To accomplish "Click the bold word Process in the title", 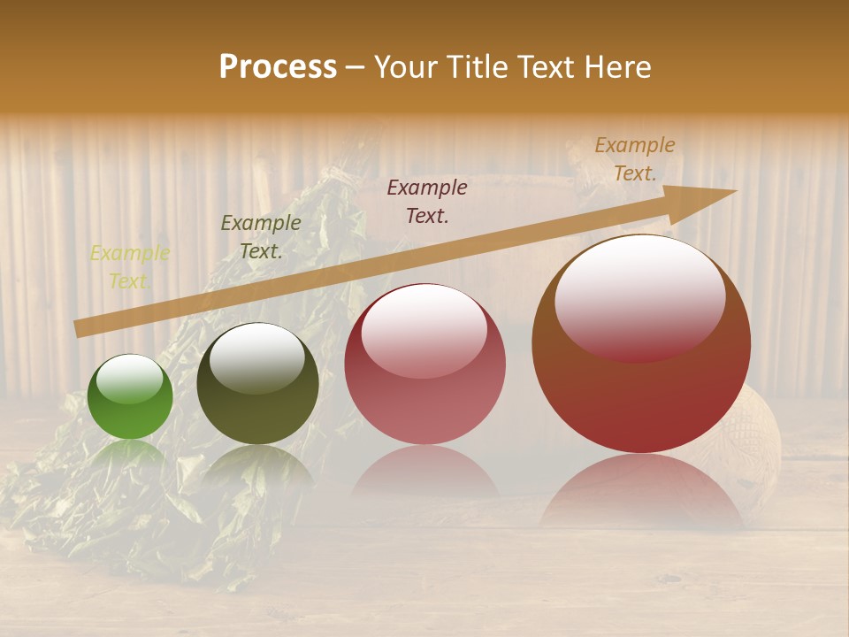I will (278, 66).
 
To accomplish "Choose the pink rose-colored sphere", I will (424, 364).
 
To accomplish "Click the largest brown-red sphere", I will (640, 344).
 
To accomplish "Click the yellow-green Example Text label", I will (129, 267).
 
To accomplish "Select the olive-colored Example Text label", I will (261, 237).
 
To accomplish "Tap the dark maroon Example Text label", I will (427, 201).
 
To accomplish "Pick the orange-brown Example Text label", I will (634, 159).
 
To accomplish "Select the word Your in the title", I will (407, 66).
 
